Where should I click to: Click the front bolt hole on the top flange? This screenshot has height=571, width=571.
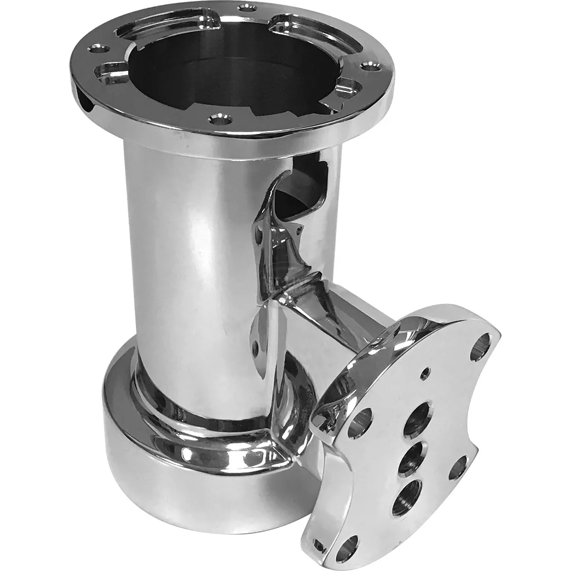(x=220, y=119)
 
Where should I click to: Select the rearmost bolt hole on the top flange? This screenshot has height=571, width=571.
(x=246, y=8)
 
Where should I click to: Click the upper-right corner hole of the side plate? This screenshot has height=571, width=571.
(x=480, y=346)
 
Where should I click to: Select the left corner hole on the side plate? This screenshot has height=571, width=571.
(x=360, y=423)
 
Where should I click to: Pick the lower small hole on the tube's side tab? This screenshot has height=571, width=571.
(x=255, y=349)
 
